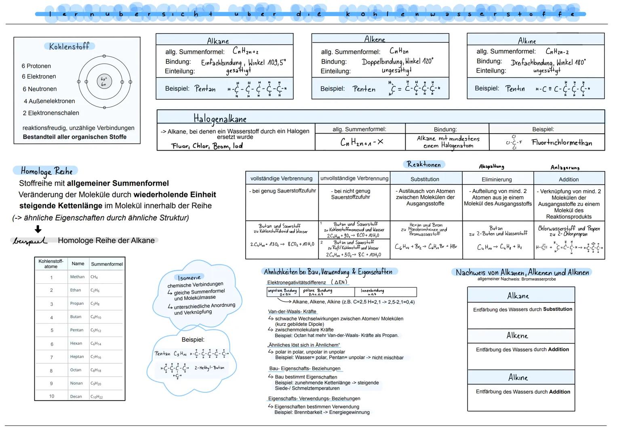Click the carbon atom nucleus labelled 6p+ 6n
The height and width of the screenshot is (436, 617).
104,82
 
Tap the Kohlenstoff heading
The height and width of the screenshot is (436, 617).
69,46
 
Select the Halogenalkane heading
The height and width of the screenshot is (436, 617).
220,119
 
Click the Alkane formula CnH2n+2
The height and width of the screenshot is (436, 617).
246,51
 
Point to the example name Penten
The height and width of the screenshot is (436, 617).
364,89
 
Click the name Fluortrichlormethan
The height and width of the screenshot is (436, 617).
562,143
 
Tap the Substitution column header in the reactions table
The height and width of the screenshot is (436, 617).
425,179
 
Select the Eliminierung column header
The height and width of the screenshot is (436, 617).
497,179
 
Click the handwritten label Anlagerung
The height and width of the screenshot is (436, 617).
565,168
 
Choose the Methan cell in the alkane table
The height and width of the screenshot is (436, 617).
77,277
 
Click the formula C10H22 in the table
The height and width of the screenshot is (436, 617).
96,397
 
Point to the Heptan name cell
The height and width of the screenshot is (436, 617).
77,357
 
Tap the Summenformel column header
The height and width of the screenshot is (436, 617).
107,264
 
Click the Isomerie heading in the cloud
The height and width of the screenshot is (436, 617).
189,277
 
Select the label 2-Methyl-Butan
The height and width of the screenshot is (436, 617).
209,368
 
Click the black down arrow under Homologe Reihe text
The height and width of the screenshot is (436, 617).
38,229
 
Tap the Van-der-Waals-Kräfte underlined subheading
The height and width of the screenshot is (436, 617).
292,312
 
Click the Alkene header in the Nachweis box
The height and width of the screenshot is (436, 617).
517,336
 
